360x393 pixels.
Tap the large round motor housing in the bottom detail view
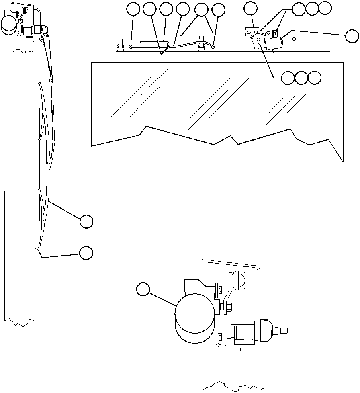pos(194,317)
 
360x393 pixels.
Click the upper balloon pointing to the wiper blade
pos(86,221)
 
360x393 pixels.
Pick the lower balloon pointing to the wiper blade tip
pos(86,252)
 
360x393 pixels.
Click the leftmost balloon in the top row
pos(133,9)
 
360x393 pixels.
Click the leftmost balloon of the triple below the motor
pos(287,78)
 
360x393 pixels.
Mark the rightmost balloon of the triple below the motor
pos(315,78)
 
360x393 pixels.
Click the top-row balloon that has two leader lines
pos(201,10)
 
